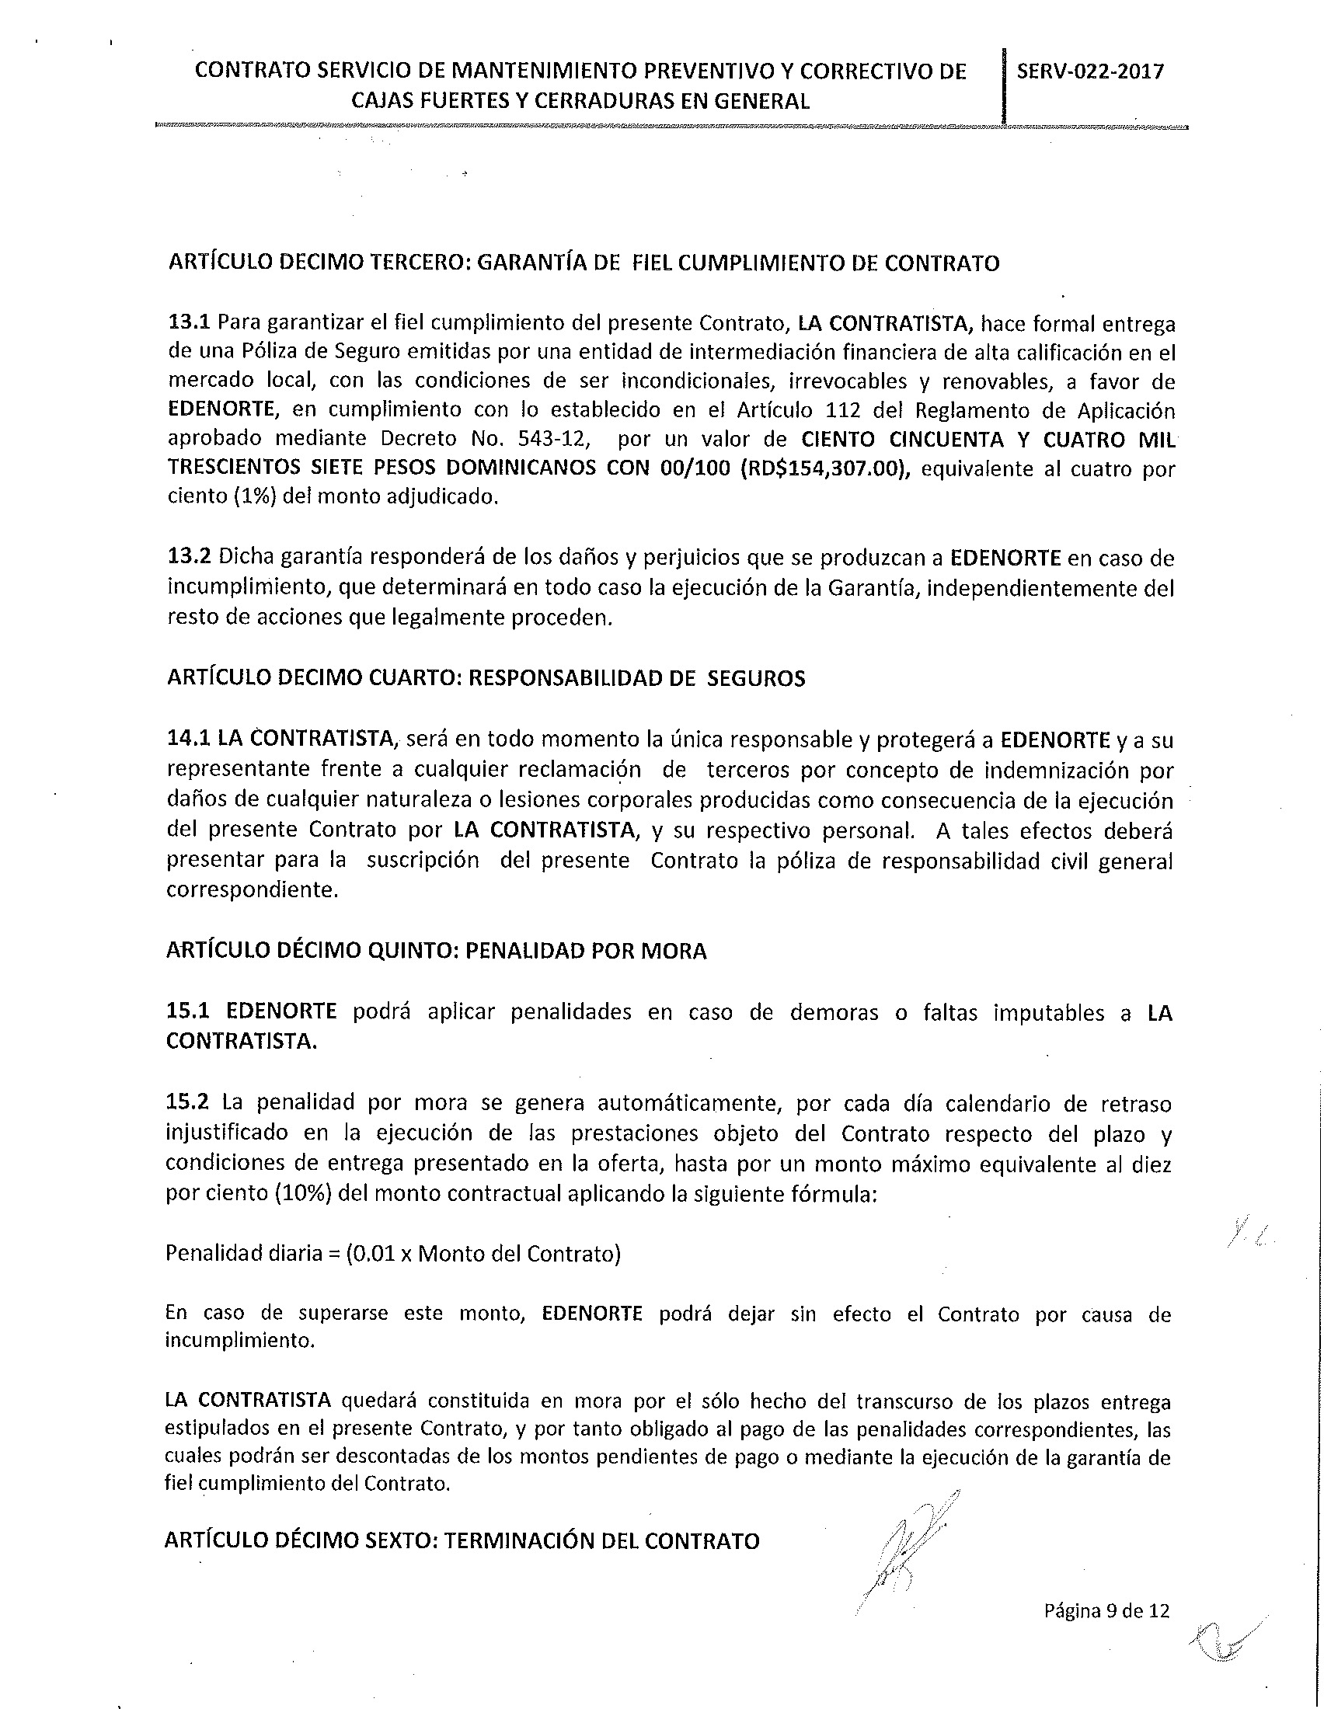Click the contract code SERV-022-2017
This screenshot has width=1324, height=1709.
[1090, 71]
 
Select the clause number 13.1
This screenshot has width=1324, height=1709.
[190, 322]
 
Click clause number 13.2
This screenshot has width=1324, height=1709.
[190, 558]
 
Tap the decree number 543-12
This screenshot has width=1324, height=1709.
[560, 439]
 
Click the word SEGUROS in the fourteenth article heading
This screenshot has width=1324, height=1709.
[756, 677]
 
